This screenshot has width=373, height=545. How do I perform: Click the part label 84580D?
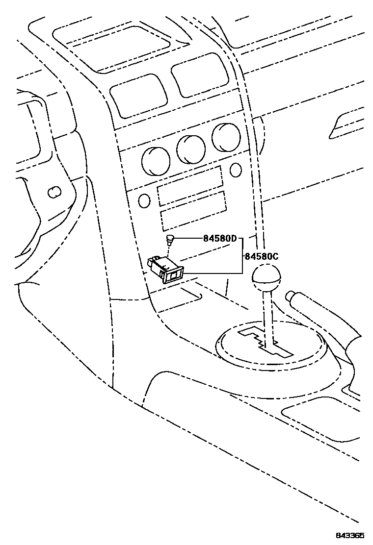point(220,239)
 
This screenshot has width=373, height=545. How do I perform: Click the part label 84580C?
point(262,256)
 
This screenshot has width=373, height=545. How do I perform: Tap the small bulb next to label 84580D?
point(169,240)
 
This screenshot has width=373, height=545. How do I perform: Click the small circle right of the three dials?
point(236,170)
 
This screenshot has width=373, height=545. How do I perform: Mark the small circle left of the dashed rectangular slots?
point(144,200)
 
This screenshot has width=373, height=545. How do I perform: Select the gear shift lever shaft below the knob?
point(267,314)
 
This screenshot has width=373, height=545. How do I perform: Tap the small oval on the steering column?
point(54,191)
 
